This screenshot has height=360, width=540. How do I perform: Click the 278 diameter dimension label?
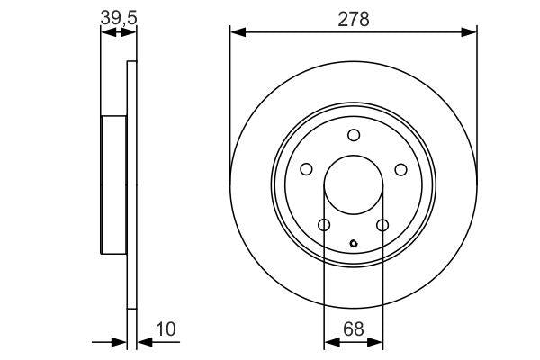point(354,20)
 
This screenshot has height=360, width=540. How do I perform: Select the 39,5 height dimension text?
point(118,16)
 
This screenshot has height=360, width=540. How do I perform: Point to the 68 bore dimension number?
point(354,329)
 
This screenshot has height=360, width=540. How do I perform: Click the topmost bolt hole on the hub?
point(354,136)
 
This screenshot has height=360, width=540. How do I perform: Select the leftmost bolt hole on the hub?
point(306,169)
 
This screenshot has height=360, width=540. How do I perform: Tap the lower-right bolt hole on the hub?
point(382,225)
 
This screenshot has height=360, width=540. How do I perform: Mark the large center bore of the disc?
point(354,185)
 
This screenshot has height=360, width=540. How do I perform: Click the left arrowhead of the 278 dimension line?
point(237,32)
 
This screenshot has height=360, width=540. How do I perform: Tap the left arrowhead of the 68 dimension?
point(329,342)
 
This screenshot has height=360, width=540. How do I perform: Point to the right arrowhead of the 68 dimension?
point(377,342)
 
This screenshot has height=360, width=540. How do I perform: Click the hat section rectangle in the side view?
point(114,186)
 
